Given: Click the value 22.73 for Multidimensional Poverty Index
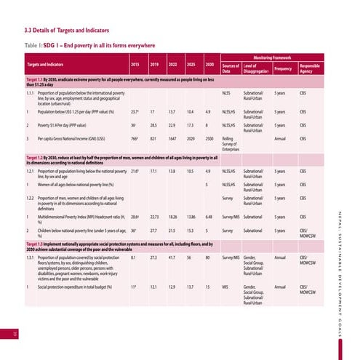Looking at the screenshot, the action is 153,217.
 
